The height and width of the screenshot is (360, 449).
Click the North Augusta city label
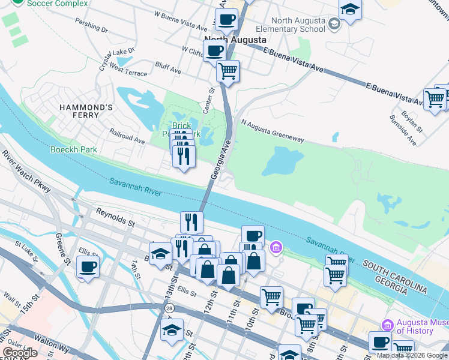(235, 40)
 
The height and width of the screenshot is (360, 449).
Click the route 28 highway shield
(170, 307)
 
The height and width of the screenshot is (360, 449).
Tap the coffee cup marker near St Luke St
(88, 266)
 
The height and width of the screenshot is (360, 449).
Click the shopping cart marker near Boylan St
(434, 99)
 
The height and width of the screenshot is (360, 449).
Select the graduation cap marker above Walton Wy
(172, 331)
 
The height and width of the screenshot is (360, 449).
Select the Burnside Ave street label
(405, 134)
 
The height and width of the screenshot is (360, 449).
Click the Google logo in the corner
(20, 353)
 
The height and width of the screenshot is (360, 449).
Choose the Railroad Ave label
(127, 136)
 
